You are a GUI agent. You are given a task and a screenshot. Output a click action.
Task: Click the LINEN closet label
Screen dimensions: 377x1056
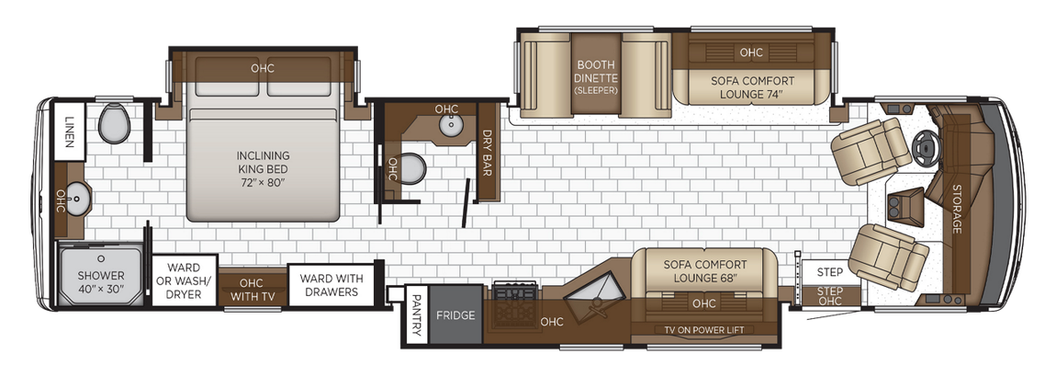click(x=70, y=131)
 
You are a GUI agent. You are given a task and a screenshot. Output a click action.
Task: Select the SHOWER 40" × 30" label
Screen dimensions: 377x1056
click(x=100, y=281)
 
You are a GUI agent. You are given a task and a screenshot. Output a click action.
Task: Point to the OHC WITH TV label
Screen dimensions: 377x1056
click(x=251, y=290)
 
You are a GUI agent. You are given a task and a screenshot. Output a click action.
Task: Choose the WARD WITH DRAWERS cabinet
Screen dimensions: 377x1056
click(x=331, y=285)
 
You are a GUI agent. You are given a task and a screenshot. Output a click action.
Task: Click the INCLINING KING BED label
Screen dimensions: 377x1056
click(x=262, y=168)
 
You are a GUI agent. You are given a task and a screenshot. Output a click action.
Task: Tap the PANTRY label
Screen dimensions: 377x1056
click(x=416, y=314)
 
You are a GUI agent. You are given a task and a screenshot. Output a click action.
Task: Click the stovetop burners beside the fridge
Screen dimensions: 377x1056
click(x=515, y=292)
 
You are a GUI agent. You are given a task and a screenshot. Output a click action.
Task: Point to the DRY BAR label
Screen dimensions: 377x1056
click(x=488, y=152)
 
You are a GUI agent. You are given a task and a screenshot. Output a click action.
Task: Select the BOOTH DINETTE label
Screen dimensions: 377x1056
click(x=596, y=77)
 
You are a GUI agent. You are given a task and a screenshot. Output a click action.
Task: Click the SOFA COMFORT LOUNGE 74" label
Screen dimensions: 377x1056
click(x=752, y=87)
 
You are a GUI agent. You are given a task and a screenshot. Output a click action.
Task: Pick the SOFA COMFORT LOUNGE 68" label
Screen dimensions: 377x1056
click(x=704, y=271)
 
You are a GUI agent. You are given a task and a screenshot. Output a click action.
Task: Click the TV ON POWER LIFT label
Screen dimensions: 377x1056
click(x=703, y=330)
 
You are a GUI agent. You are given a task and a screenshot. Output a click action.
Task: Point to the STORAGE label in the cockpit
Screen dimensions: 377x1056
click(x=956, y=209)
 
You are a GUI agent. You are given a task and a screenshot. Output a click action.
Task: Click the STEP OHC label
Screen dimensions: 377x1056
click(x=830, y=296)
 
